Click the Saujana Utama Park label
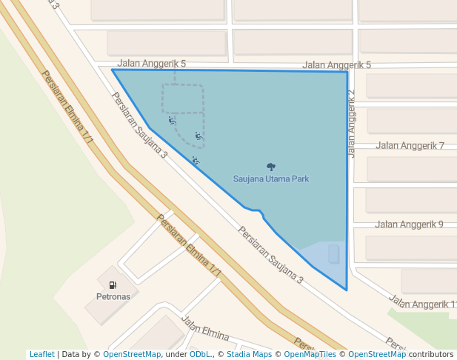coord(270,179)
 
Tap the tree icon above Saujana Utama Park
coord(270,167)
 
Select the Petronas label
coord(113,296)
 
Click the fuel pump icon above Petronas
coord(113,284)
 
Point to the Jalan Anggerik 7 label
coord(409,145)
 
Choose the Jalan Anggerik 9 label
coord(409,224)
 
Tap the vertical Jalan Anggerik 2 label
coord(351,123)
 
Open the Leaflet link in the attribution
coord(41,355)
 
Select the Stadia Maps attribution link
coord(247,355)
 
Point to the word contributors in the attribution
coord(430,355)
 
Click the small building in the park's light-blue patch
coord(333,254)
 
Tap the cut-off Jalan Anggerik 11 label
coord(423,304)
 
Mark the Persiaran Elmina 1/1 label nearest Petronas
coord(189,247)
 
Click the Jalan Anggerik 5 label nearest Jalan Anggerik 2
coord(336,65)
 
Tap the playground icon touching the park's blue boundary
coord(196,160)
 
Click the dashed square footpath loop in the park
coord(182,99)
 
